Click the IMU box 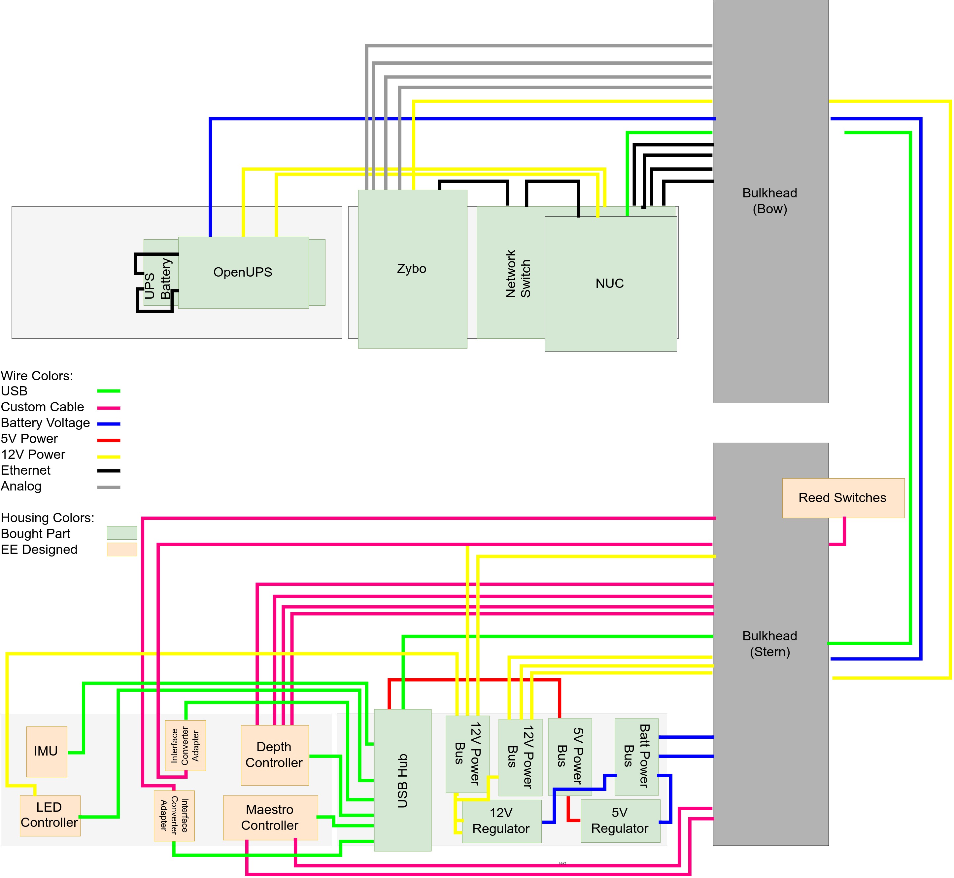[x=46, y=751]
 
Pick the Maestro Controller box [x=270, y=817]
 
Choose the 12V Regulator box [x=501, y=821]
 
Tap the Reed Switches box [x=842, y=497]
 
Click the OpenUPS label [x=243, y=272]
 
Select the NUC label [x=610, y=284]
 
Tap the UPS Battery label [x=157, y=279]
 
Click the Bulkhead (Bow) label [x=770, y=201]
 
